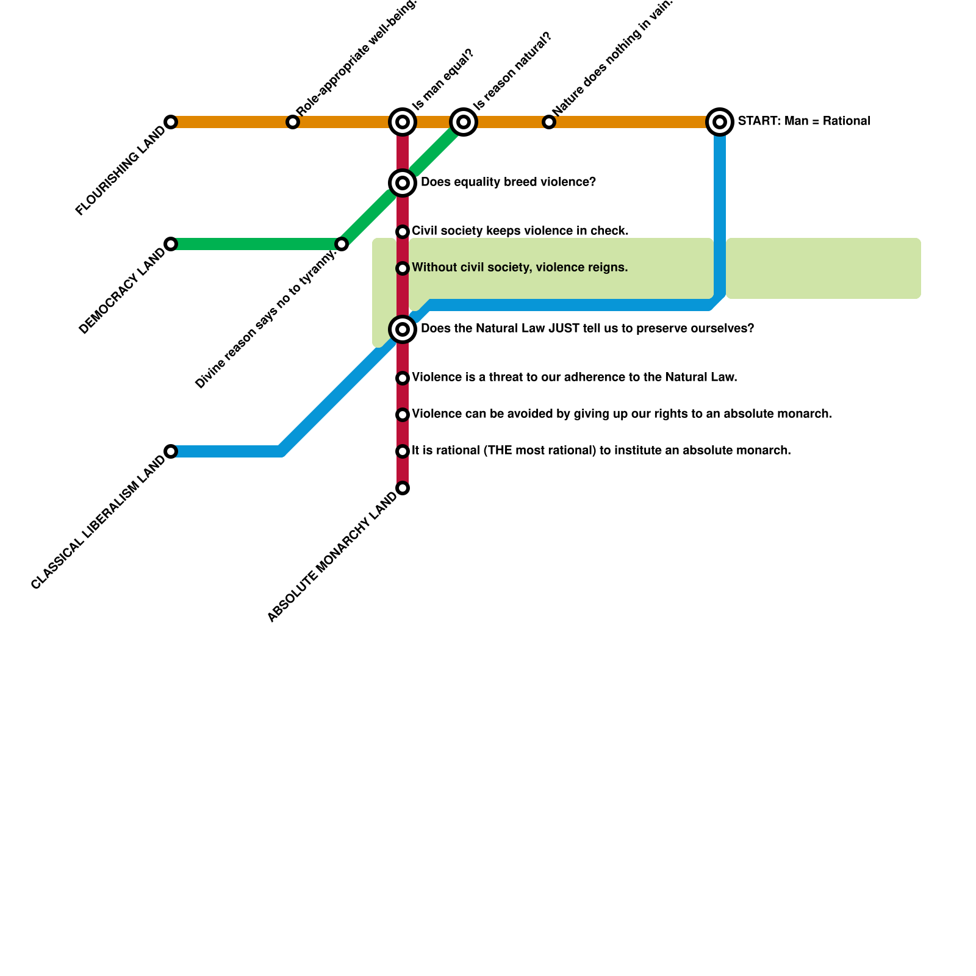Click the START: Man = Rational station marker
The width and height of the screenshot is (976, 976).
720,122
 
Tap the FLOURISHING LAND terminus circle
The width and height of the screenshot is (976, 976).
171,122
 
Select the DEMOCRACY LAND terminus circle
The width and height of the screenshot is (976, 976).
171,244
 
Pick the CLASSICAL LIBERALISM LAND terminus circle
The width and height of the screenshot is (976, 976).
171,451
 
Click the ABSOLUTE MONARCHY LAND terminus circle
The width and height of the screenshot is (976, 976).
403,488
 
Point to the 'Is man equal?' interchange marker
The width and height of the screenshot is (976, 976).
403,122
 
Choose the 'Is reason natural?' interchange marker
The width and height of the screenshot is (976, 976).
464,122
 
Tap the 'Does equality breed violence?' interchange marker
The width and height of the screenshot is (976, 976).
403,182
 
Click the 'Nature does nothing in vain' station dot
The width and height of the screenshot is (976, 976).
549,122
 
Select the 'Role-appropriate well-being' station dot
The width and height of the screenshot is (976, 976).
293,122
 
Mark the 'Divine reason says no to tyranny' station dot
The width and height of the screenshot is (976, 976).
342,244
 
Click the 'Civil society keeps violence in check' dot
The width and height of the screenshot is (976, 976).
403,232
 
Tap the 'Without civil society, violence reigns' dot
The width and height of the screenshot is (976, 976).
403,268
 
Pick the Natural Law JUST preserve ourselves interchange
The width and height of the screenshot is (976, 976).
403,329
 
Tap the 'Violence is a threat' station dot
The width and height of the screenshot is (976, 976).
403,378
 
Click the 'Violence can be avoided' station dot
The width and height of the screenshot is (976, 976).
403,415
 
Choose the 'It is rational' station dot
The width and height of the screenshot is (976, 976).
403,451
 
